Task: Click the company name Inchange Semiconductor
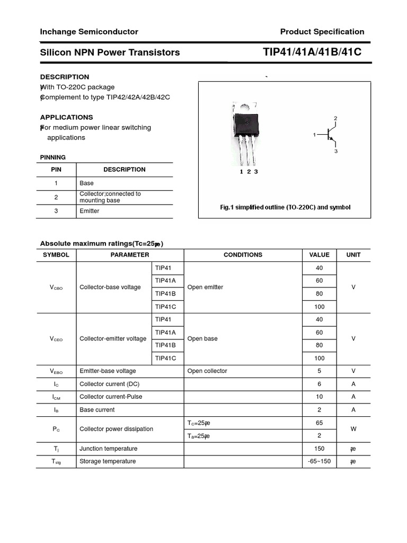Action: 89,32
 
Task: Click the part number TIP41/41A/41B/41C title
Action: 312,52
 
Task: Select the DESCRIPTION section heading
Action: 65,77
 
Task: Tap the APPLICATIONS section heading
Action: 66,117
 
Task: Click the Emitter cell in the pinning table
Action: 90,211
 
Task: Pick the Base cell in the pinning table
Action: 86,183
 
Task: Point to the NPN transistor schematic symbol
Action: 331,135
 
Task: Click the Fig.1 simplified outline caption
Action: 285,207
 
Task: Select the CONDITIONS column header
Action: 243,255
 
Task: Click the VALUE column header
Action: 319,255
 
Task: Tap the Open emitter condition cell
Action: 205,287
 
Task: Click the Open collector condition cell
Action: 207,371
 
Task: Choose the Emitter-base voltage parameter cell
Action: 108,371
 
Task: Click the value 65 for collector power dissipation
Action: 319,423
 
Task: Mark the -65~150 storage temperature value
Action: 319,461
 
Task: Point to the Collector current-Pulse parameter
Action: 111,397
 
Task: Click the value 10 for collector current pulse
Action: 319,397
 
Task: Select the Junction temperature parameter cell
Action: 108,449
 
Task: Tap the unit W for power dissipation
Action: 353,430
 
